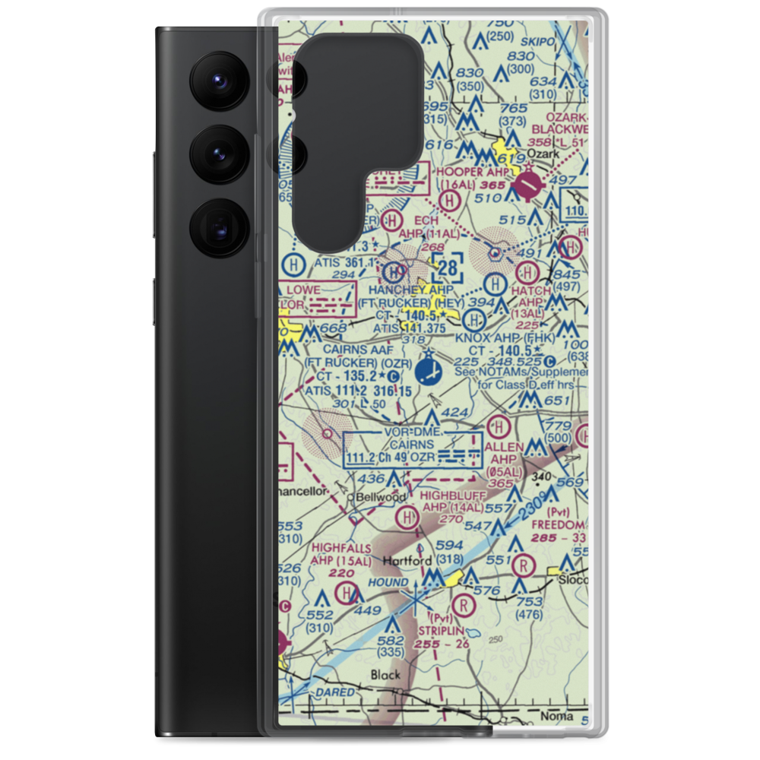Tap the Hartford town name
[408, 561]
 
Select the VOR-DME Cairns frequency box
[413, 450]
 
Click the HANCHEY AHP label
[410, 290]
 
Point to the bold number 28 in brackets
[448, 266]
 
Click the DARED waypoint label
[335, 692]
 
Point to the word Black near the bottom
[385, 674]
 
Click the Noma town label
[555, 717]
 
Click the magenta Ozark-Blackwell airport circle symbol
[527, 183]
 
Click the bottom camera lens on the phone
[216, 227]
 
